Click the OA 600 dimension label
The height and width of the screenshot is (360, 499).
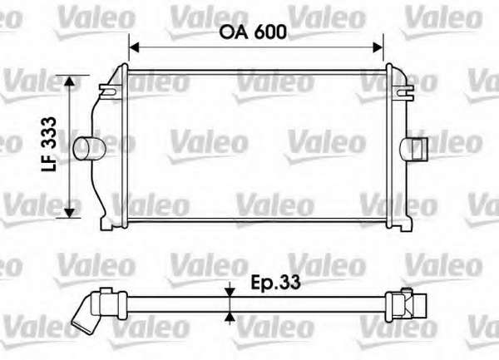coord(253,32)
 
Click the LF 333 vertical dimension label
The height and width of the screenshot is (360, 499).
coord(49,144)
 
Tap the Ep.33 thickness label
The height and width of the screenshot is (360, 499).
coord(275,282)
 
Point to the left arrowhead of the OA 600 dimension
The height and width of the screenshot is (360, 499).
coord(135,47)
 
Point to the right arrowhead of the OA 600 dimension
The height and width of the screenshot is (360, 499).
coord(378,47)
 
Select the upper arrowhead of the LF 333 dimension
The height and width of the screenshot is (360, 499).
coord(69,81)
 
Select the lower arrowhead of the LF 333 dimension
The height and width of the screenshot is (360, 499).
coord(69,213)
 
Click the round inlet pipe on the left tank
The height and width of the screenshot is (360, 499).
coord(89,148)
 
